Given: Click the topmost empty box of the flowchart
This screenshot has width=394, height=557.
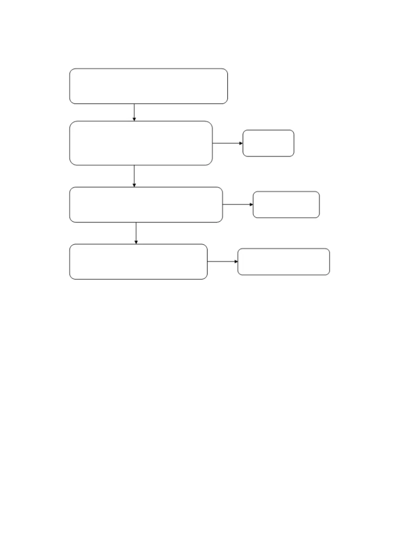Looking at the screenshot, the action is pos(148,86).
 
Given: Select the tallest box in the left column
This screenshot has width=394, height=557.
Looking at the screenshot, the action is pos(141,143).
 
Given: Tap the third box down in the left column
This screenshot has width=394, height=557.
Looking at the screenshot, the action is pos(146,204).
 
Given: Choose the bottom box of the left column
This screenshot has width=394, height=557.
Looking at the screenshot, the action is pos(138,262).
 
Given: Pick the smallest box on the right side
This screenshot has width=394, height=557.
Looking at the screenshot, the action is pos(268,143).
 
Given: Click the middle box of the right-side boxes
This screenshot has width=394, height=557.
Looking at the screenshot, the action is pos(286,204).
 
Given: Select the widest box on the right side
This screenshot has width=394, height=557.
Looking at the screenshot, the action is pos(283,262).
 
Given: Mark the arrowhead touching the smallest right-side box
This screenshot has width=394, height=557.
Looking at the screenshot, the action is pos(241,143).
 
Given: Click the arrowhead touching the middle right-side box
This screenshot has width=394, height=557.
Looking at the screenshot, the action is pos(251,204).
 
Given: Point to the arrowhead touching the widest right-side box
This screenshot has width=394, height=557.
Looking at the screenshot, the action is pos(236,262).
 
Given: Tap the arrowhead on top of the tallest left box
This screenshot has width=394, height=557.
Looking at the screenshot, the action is pos(134,119).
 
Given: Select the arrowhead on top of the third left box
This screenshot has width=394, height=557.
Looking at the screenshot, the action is pos(134,185).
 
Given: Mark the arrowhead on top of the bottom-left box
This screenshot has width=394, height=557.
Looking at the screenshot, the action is pos(136,242).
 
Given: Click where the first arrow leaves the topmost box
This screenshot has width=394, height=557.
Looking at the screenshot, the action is pos(134,104).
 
